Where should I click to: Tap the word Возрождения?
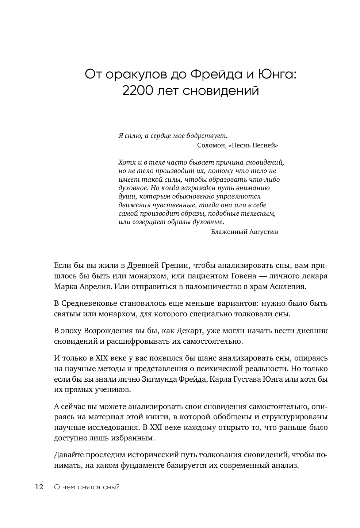(x=107, y=331)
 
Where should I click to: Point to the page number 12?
(x=39, y=487)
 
